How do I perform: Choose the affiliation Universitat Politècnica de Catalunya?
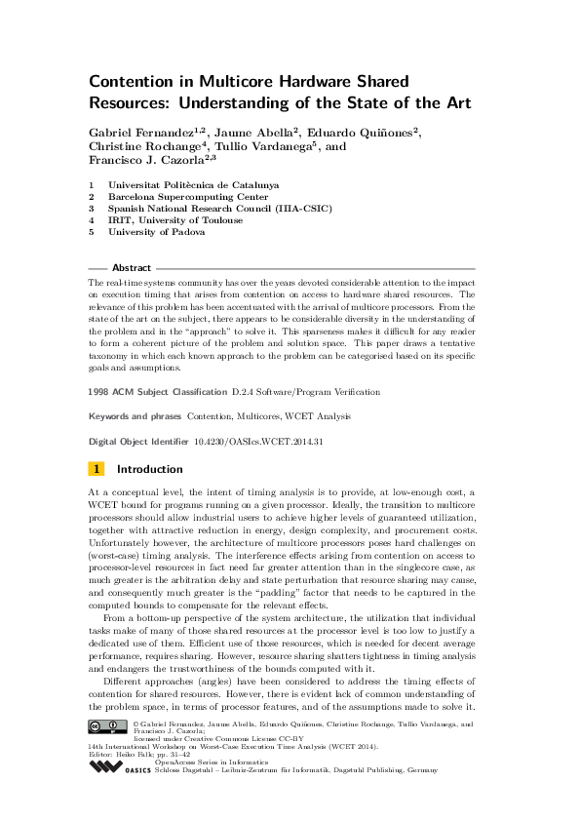[x=193, y=184]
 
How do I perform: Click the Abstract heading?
[x=132, y=267]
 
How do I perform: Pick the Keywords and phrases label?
[x=135, y=415]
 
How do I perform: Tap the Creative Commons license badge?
[x=107, y=726]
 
